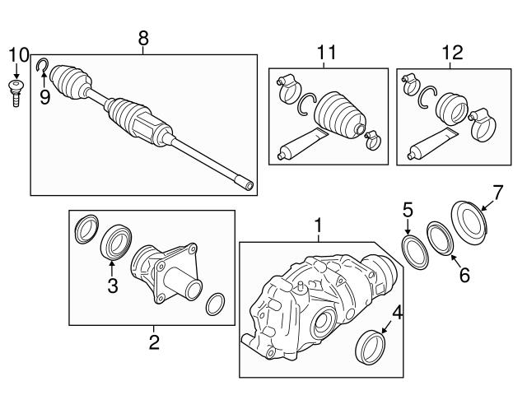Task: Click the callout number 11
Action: pyautogui.click(x=327, y=53)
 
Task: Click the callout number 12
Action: pyautogui.click(x=452, y=53)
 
